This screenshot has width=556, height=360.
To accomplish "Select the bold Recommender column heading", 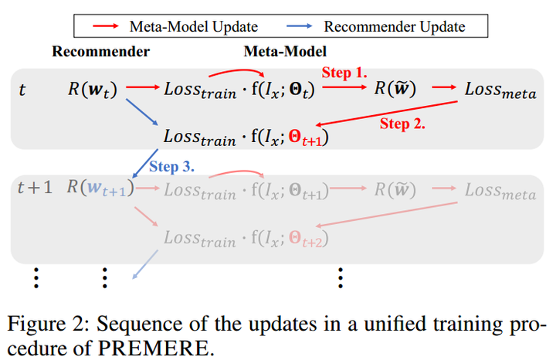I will tap(100, 52).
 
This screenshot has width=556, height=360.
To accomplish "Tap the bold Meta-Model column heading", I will tap(285, 52).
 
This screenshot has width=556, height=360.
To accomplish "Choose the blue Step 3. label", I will tap(171, 166).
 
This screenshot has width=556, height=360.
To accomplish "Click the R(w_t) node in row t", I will tap(92, 90).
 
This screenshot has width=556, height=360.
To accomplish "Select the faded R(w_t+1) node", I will tap(100, 188).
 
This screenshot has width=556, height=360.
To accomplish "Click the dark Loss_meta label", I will tap(499, 90).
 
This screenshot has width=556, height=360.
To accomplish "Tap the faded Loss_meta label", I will tap(499, 190).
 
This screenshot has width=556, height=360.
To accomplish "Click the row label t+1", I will tap(35, 188).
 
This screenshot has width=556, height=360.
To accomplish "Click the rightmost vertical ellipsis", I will tap(341, 276).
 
